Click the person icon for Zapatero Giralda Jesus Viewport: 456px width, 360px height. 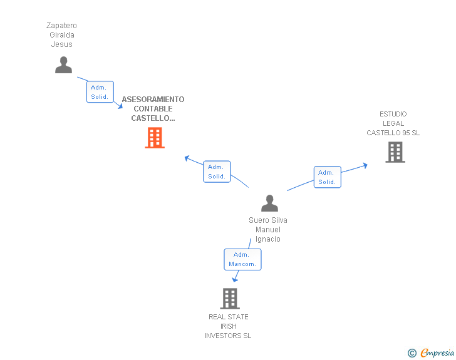64,65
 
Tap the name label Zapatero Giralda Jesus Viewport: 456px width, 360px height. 61,35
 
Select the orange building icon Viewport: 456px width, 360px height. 155,138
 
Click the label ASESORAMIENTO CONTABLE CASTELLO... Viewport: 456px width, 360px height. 153,109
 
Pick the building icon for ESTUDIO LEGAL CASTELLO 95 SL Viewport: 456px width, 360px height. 395,152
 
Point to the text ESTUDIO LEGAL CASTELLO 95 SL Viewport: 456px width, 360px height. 393,123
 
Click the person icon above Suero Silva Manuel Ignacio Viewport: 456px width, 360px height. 269,203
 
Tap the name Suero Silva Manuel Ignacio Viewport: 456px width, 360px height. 268,230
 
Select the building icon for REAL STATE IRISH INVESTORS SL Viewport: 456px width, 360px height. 230,299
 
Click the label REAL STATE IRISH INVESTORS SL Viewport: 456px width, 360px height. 228,326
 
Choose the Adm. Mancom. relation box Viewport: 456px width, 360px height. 242,259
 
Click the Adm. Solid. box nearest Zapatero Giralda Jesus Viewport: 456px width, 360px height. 100,92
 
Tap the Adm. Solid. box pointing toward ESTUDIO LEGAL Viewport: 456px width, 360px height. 327,177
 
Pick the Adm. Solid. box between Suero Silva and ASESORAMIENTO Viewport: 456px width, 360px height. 217,172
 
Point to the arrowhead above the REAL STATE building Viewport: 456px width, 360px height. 235,279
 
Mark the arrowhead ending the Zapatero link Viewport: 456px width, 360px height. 120,106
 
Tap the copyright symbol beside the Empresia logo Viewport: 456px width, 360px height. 412,354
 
